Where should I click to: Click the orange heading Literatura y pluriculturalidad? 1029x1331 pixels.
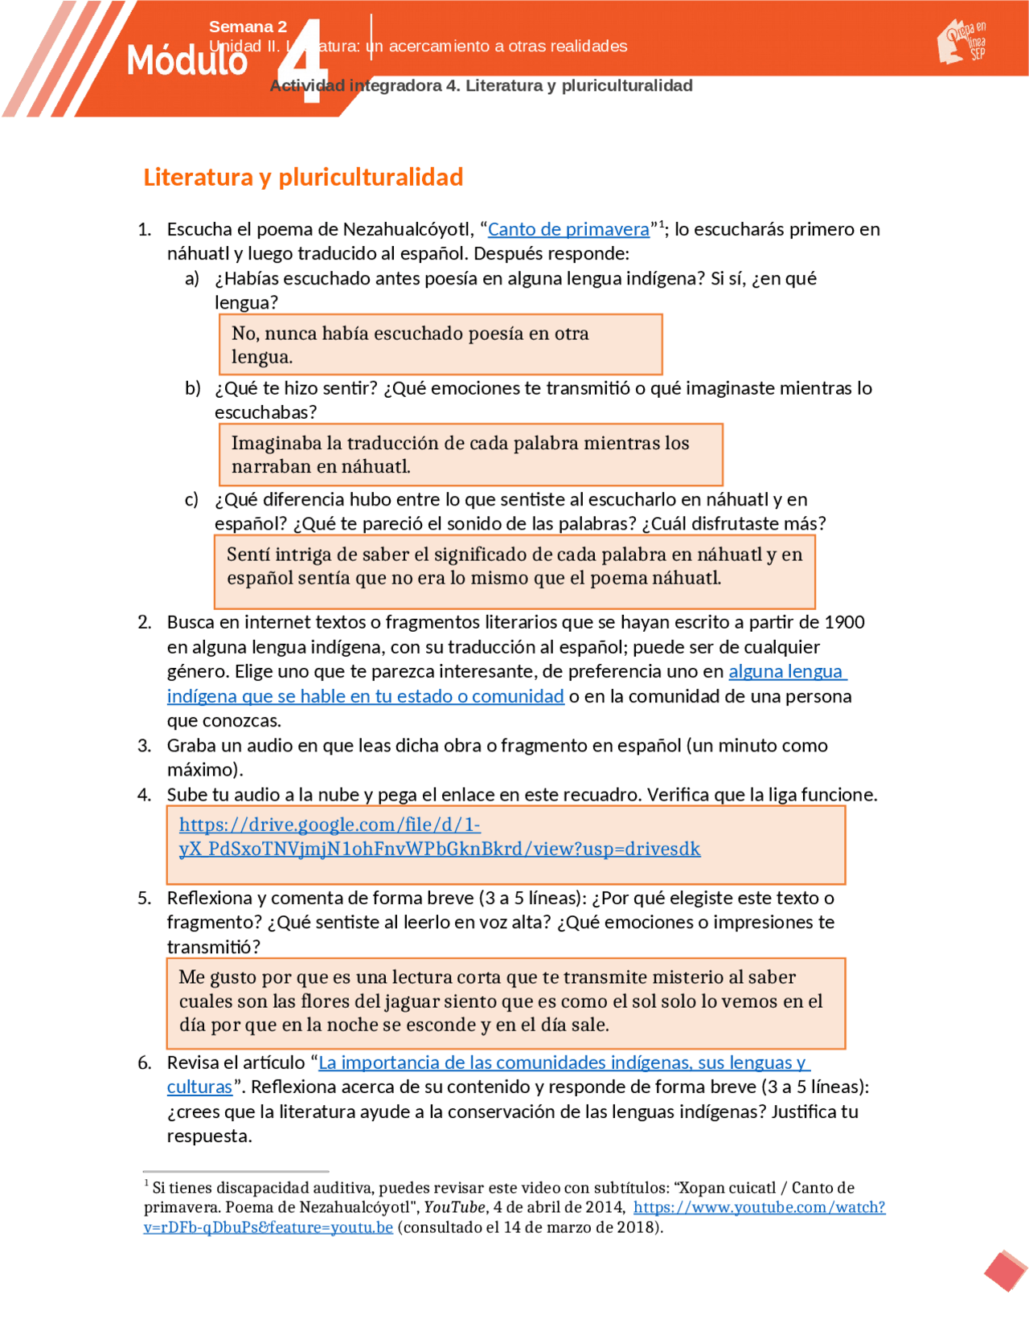(x=303, y=177)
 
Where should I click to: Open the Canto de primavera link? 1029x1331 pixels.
(x=568, y=229)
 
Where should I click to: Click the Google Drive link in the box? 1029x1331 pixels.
(x=439, y=837)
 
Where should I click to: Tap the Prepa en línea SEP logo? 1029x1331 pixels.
(x=963, y=42)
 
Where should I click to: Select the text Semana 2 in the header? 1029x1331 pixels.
(x=248, y=27)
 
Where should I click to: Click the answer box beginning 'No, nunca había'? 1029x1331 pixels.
(x=441, y=345)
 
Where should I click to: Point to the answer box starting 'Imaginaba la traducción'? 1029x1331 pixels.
(x=470, y=455)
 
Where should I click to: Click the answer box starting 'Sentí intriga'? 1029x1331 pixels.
(x=514, y=572)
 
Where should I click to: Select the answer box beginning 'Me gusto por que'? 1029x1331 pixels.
(x=506, y=1003)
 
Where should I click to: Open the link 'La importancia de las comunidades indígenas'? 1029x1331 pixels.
(x=564, y=1063)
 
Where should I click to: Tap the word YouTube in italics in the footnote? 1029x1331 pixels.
(x=454, y=1207)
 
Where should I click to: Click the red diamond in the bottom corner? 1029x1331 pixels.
(x=1005, y=1271)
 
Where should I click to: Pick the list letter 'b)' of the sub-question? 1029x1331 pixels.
(x=192, y=388)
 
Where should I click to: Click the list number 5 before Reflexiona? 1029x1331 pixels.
(x=144, y=898)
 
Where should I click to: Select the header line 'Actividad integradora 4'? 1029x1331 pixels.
(x=481, y=86)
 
